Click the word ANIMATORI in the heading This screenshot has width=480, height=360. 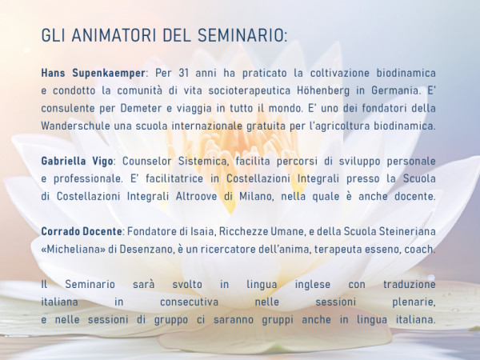114,35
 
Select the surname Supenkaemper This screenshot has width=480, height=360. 109,74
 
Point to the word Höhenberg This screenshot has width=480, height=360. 323,91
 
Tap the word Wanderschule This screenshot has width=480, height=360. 76,126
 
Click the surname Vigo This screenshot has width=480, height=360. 102,162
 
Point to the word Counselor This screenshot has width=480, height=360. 147,161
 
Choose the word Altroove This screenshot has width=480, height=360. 196,196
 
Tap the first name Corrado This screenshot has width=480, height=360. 57,231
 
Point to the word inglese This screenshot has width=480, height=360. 313,285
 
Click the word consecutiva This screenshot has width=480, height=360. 189,302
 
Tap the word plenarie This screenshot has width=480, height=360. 414,302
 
